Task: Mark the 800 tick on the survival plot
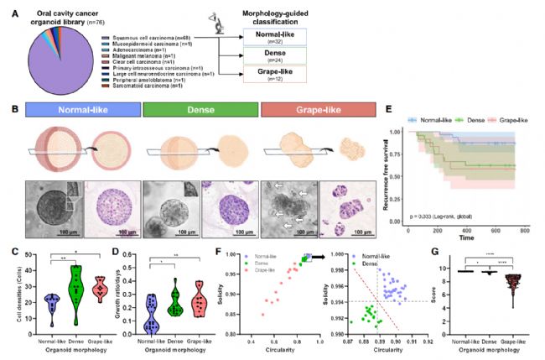coord(525,228)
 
